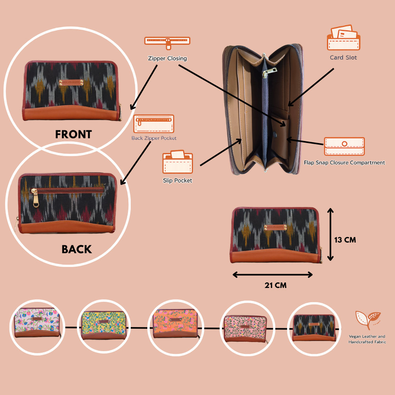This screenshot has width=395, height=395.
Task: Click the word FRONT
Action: click(73, 135)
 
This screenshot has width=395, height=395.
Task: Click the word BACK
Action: click(77, 250)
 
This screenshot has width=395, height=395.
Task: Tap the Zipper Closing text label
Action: click(167, 58)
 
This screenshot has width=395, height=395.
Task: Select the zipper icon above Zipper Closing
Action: click(167, 41)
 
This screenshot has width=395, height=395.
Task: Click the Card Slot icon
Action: click(343, 38)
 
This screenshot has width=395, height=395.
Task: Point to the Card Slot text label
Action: click(343, 58)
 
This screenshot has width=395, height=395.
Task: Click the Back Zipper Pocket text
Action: click(154, 138)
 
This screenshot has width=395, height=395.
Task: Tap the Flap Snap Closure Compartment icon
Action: click(344, 147)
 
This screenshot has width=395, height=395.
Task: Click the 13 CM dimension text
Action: click(345, 240)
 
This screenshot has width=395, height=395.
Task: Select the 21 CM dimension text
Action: click(276, 285)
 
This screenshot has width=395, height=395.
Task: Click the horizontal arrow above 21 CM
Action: click(273, 275)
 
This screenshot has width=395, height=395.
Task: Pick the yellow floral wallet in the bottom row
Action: click(103, 325)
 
